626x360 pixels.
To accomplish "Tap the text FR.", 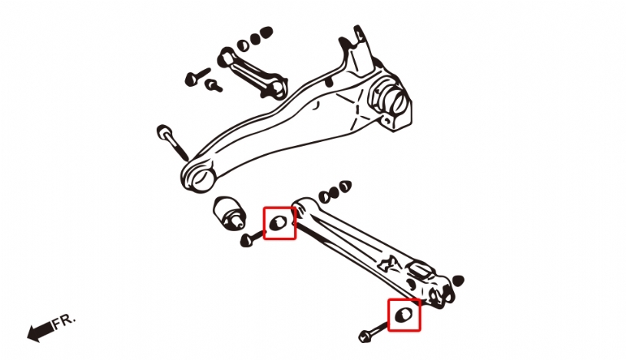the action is (x=64, y=321).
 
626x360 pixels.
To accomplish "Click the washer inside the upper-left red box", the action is (x=278, y=223).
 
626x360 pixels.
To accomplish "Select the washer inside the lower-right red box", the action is (x=403, y=315).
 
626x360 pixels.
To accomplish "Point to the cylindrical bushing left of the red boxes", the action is (x=229, y=213).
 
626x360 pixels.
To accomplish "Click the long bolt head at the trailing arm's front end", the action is (x=164, y=132).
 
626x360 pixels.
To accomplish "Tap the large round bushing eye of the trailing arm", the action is (x=198, y=178).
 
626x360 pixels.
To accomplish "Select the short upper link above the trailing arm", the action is (x=252, y=73).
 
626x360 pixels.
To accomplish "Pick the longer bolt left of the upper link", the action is (x=197, y=77).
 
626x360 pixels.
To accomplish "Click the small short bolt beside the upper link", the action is (x=214, y=85).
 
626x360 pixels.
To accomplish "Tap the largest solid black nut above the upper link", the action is (x=266, y=33).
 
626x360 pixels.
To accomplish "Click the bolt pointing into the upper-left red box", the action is (x=251, y=238).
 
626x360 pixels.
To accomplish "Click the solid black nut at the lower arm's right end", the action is (x=459, y=281).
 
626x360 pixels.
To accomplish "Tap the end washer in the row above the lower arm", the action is (x=346, y=186).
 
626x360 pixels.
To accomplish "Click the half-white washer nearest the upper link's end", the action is (x=242, y=45).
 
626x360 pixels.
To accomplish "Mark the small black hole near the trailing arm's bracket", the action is (x=329, y=83).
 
